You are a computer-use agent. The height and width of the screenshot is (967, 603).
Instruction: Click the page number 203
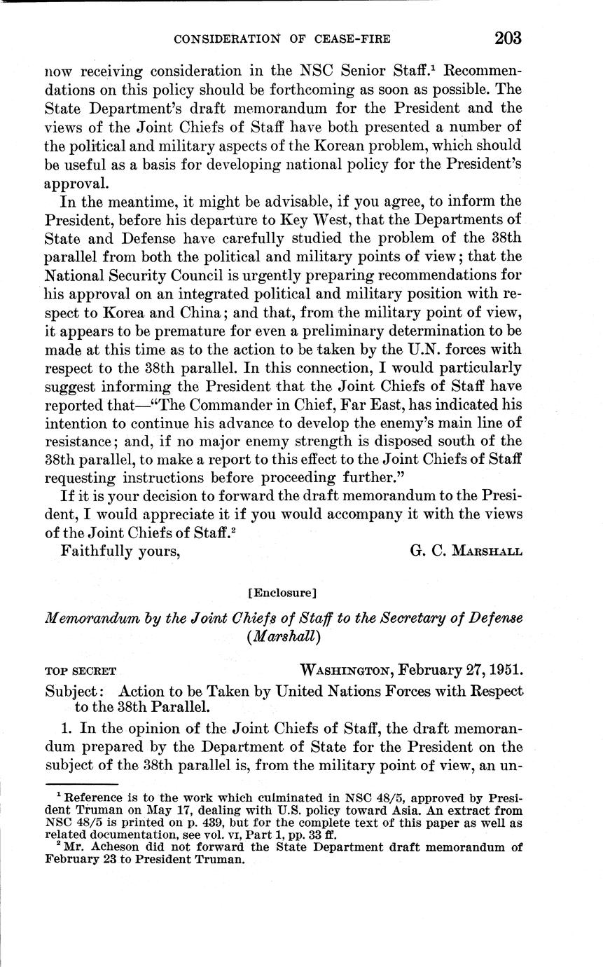(x=508, y=37)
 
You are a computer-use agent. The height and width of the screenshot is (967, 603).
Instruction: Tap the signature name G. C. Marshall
(x=466, y=550)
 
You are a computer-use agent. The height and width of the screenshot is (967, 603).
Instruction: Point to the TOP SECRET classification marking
(x=81, y=671)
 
